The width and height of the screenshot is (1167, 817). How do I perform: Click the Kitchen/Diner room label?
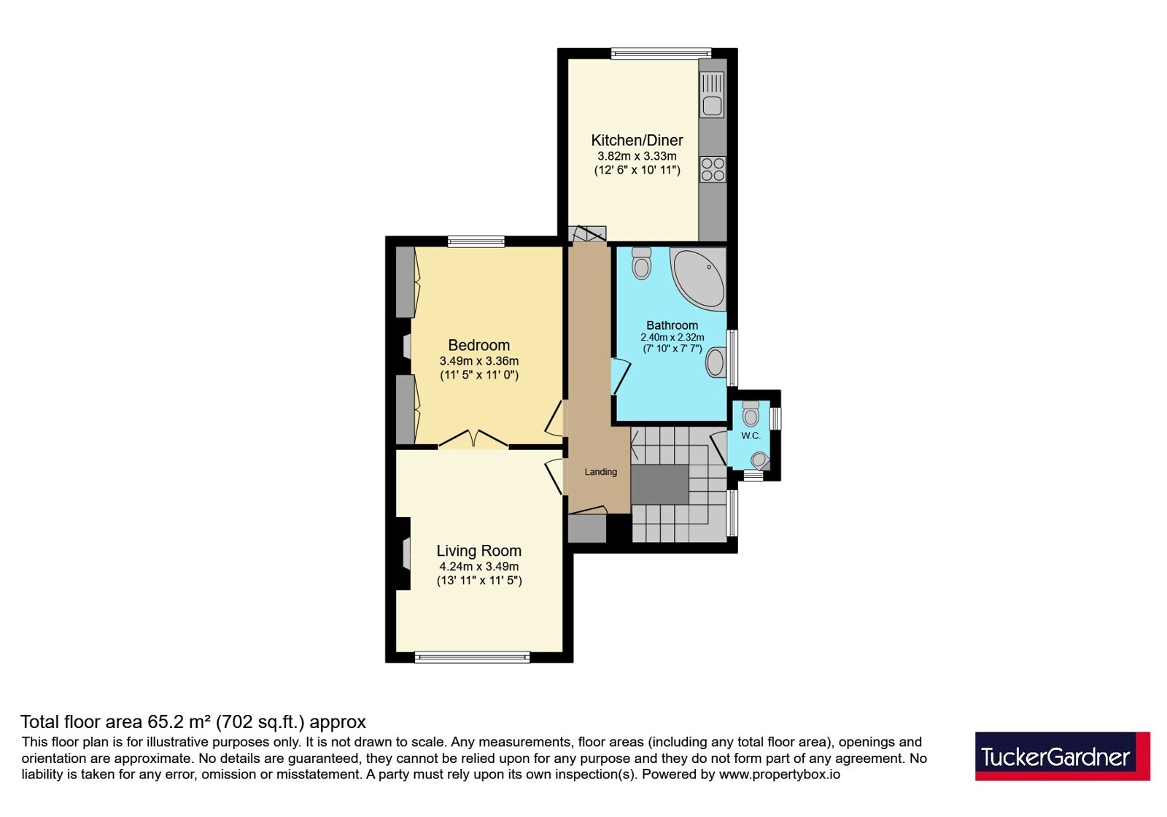coord(637,140)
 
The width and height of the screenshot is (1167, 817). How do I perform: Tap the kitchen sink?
coord(712,94)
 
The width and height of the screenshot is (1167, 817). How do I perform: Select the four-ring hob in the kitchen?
coord(713,169)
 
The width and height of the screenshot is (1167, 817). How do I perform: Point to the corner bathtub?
coord(698,278)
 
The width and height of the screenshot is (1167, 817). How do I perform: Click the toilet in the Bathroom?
coord(641,263)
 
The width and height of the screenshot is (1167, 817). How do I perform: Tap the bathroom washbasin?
coord(716,362)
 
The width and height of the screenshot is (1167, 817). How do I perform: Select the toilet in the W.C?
coord(751,413)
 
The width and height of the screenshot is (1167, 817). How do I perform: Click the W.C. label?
coord(751,436)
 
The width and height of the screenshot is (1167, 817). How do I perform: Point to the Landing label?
coord(601,471)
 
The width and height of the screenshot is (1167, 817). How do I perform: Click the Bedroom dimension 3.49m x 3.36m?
coord(479,361)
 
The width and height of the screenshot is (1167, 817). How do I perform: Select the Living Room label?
coord(478,551)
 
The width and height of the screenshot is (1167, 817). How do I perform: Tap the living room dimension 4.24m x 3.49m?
coord(478,566)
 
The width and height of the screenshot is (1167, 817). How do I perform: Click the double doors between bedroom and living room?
coord(473,438)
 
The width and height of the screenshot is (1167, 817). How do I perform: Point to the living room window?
coord(472,657)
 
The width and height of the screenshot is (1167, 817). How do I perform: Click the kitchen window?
coord(661,53)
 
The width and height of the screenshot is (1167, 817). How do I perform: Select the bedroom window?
coord(476,241)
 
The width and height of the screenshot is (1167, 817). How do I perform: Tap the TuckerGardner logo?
coord(1062,756)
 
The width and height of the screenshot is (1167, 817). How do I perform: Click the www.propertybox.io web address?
coord(780,774)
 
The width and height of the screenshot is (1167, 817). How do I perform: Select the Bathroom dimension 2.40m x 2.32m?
coord(672,337)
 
